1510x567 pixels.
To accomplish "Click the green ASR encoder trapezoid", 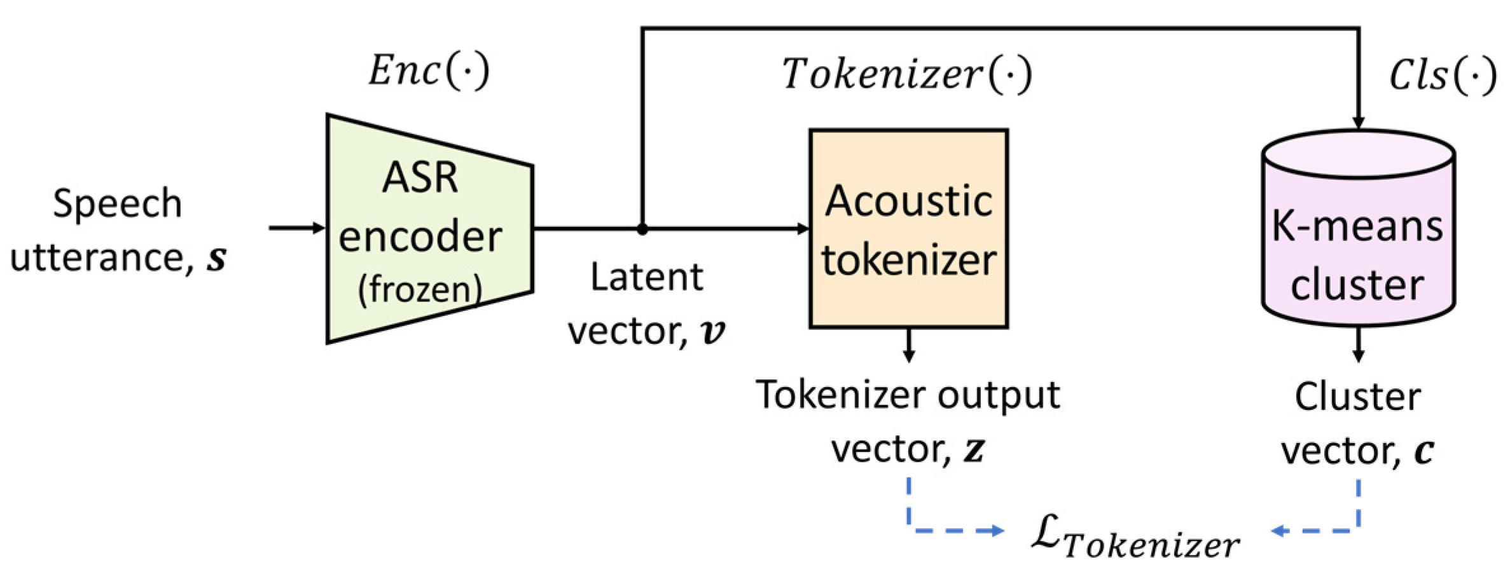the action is click(x=429, y=229).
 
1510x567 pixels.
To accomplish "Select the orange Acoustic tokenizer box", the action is click(x=908, y=229).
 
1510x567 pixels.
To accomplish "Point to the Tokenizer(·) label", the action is click(x=907, y=74).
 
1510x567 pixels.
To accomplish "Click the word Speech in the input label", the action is click(x=118, y=203).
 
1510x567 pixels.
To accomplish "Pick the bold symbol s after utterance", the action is click(x=216, y=259).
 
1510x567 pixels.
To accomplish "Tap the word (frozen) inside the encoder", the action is click(x=420, y=289).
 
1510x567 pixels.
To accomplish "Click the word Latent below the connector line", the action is click(x=646, y=277).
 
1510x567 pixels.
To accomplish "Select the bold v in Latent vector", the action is click(x=712, y=332).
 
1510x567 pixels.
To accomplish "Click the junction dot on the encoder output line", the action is click(x=642, y=229).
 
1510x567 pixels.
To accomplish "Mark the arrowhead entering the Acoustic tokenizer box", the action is click(x=803, y=228).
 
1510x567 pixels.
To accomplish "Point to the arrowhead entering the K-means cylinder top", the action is click(x=1358, y=122).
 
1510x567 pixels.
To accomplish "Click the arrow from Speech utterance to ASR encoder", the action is click(x=297, y=228).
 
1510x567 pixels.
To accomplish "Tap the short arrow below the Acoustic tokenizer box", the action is click(x=909, y=346).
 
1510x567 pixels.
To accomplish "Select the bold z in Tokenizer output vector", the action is click(x=974, y=450).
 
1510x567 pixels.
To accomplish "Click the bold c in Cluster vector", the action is click(x=1423, y=451).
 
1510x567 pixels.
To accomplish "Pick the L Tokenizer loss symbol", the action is click(x=1135, y=537).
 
